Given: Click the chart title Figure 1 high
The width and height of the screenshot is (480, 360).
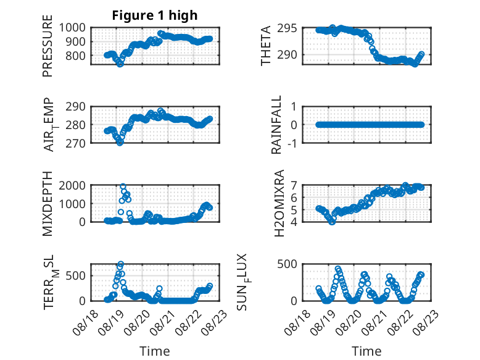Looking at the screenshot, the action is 155,15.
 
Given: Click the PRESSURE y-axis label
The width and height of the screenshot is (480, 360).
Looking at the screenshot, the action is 48,46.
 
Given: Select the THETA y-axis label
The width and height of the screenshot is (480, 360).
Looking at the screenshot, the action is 266,46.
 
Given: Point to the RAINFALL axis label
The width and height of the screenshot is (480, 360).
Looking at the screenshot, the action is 276,125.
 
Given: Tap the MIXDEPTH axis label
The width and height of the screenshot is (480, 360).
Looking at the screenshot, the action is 48,203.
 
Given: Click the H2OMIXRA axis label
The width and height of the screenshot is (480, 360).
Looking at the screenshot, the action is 279,203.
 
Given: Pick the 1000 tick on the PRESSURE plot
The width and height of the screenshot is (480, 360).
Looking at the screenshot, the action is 72,28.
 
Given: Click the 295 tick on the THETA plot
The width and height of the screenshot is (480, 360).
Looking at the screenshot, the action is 287,28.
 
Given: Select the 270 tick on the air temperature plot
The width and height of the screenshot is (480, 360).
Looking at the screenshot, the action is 75,143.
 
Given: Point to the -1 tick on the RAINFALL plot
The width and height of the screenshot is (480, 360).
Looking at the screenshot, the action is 292,143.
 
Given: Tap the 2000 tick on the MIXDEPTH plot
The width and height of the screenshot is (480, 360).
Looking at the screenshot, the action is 72,185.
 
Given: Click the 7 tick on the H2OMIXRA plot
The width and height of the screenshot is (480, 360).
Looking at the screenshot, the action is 294,185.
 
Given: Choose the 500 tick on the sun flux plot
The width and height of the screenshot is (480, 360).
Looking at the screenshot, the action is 287,264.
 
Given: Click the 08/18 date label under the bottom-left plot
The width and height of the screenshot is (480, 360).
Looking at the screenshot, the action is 85,322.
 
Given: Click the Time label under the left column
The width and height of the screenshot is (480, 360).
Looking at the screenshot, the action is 155,351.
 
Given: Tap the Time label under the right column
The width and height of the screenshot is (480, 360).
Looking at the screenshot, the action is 366,351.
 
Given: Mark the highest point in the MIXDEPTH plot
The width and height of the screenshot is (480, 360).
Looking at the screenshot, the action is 123,186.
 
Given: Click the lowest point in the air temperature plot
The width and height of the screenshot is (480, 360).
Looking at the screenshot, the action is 120,143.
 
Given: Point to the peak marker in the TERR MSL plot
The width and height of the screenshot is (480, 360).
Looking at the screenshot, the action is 121,264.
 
